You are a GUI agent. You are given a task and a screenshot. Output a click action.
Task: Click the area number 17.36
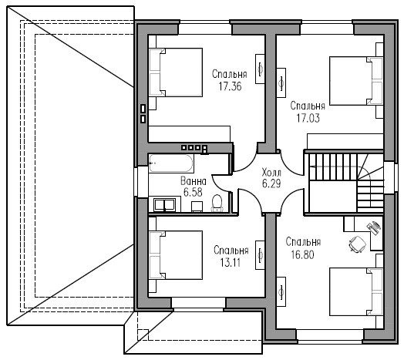coord(230,86)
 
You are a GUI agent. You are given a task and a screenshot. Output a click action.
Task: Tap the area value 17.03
coord(308,118)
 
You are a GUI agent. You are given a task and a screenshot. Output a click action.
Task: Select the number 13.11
coord(231,263)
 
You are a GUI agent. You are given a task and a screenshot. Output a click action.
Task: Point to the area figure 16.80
coord(303,254)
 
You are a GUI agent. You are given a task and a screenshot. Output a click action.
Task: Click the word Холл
coord(271,172)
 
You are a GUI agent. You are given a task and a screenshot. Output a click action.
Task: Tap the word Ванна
coord(194,181)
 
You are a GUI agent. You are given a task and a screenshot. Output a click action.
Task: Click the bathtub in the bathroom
coord(171,163)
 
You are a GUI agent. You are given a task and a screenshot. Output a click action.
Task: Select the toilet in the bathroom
coord(217,203)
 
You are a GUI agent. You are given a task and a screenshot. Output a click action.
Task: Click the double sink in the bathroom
coord(165,205)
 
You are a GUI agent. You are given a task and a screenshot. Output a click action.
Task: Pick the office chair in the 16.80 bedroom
coord(358,244)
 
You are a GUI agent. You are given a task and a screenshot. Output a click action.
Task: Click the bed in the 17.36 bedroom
coord(176,72)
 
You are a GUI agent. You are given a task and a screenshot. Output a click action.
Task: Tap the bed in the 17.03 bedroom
coord(356,81)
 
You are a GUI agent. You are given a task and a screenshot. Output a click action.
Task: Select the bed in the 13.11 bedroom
coord(176,255)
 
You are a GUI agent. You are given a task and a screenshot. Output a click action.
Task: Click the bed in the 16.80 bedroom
coord(356,291)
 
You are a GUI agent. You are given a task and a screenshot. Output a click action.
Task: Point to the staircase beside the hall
coord(346,183)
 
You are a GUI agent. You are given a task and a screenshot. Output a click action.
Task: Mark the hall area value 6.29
coord(271,183)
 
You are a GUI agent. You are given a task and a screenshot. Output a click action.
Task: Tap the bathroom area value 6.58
coord(193,192)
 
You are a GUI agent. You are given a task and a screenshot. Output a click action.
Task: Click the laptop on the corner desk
coord(374,227)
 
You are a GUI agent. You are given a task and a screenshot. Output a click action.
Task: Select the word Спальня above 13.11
coord(231,251)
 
